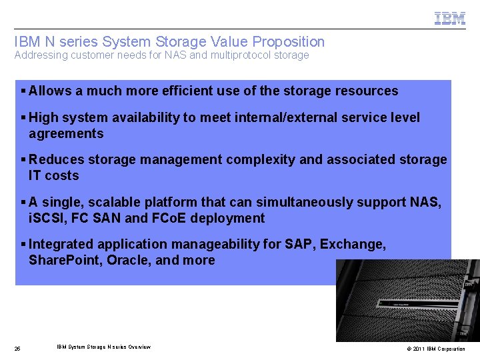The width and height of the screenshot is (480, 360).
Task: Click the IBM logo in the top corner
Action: (450, 19)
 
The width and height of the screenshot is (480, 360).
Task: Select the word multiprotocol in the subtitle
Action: (241, 55)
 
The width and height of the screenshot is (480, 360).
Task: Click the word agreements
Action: (66, 134)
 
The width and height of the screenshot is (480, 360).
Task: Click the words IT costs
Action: (53, 176)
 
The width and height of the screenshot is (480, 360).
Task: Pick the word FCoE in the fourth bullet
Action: (170, 219)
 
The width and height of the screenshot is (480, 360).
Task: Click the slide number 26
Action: (17, 349)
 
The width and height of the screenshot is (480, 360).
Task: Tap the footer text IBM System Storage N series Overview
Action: (103, 347)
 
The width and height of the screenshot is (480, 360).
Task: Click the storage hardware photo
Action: (407, 300)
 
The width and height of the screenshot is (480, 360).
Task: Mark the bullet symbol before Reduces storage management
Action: (23, 160)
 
